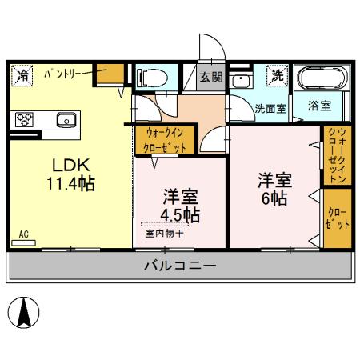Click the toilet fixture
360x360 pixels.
click(152, 78)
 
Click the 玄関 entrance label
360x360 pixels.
click(212, 78)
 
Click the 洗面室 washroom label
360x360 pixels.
click(270, 109)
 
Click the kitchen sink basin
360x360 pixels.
click(65, 121)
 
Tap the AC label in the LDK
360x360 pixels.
click(23, 236)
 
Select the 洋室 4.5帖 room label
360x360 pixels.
click(181, 206)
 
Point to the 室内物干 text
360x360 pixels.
click(165, 234)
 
